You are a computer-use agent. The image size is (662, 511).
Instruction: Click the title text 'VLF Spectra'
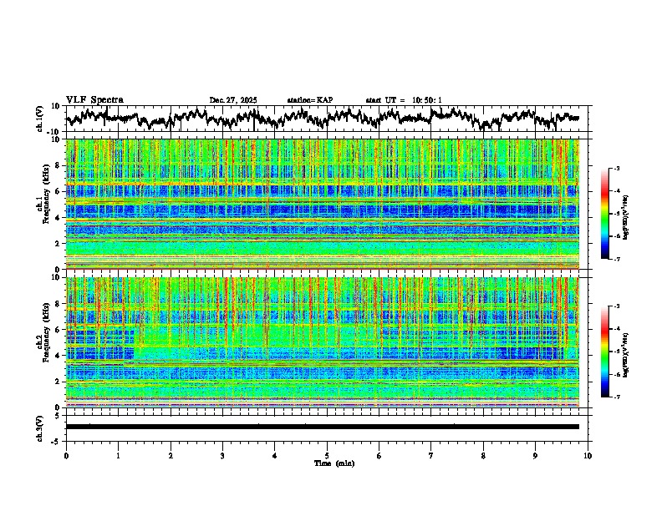point(94,99)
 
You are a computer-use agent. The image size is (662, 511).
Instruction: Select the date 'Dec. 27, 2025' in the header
point(233,100)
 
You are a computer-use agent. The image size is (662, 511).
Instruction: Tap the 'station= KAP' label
point(309,100)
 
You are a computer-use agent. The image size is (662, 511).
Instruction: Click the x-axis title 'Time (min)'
point(327,463)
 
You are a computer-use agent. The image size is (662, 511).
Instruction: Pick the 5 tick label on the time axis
point(327,455)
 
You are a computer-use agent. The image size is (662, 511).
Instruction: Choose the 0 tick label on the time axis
point(66,455)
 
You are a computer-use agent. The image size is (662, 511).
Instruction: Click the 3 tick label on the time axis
point(222,455)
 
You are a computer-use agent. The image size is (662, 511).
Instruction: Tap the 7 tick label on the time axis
point(431,455)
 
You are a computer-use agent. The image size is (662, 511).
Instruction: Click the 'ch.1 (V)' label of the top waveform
point(39,119)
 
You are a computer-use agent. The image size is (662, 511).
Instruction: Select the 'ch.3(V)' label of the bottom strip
point(39,427)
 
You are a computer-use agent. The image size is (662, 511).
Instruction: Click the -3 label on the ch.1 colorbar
point(617,169)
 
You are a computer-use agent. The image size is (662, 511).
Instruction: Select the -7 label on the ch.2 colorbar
point(617,397)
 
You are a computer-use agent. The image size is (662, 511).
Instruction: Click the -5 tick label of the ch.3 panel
point(57,439)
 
